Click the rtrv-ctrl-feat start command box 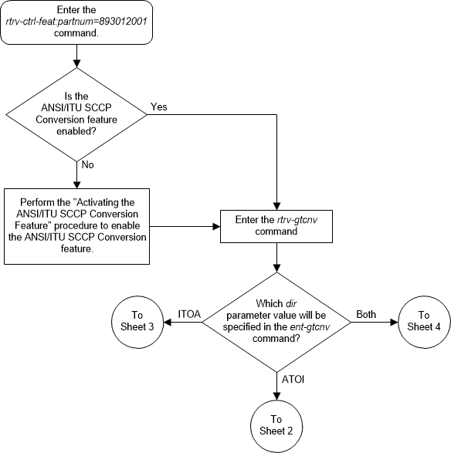tap(76, 21)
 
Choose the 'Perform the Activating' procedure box tap(76, 227)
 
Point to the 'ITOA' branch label tap(190, 314)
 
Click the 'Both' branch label tap(366, 314)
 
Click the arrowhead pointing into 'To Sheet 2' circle tap(276, 393)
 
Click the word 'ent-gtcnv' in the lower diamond tap(297, 327)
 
